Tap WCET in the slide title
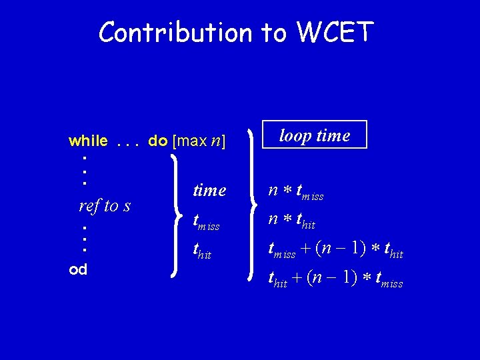tap(331, 32)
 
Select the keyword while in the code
tap(88, 141)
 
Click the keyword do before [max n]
tap(157, 141)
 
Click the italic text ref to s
tap(104, 205)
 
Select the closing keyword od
tap(78, 269)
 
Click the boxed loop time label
tap(314, 136)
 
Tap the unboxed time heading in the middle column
tap(209, 191)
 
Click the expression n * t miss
tap(295, 191)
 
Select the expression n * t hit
tap(291, 220)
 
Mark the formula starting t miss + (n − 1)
tap(335, 249)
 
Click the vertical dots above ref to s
tap(85, 170)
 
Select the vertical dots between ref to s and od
tap(85, 238)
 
